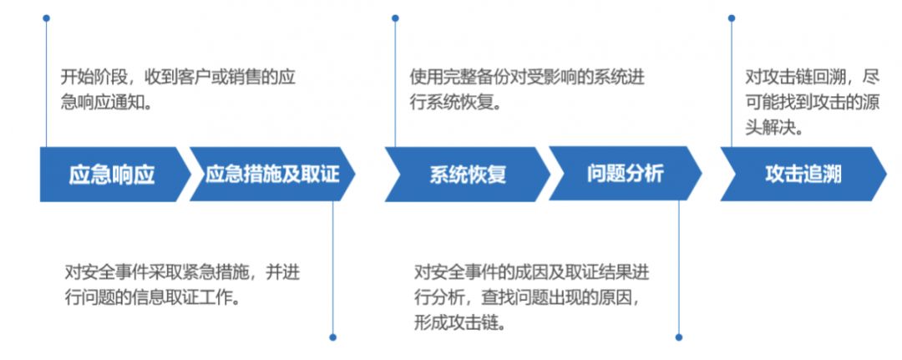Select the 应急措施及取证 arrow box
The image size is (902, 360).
coord(272,174)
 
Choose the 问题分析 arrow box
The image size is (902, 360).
coord(625,174)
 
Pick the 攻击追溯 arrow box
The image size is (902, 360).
coord(803,174)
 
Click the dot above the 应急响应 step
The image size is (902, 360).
coord(46,18)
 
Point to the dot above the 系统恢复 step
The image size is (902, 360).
coord(395,18)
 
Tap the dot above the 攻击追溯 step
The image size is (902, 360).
coord(732,18)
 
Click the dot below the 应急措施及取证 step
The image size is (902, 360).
coord(332,337)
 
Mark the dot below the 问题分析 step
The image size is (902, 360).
coord(678,337)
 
